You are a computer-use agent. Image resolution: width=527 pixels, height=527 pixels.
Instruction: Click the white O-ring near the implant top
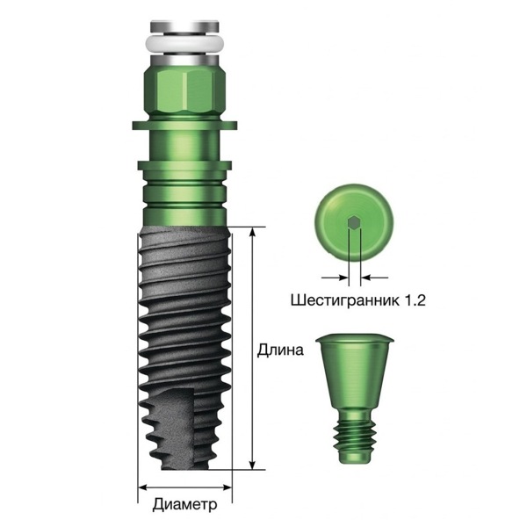184,43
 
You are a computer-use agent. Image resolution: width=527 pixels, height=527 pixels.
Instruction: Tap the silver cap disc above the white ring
184,27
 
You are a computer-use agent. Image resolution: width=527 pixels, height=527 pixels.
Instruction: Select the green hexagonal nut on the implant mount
184,90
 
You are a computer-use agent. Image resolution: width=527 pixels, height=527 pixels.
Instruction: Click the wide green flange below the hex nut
184,125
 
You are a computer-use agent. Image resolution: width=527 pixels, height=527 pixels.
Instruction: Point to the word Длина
280,350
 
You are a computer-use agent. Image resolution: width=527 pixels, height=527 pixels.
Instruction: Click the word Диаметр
184,504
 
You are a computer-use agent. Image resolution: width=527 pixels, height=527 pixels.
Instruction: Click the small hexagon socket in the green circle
354,222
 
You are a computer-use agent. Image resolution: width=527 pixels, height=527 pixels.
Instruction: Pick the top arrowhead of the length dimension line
252,231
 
